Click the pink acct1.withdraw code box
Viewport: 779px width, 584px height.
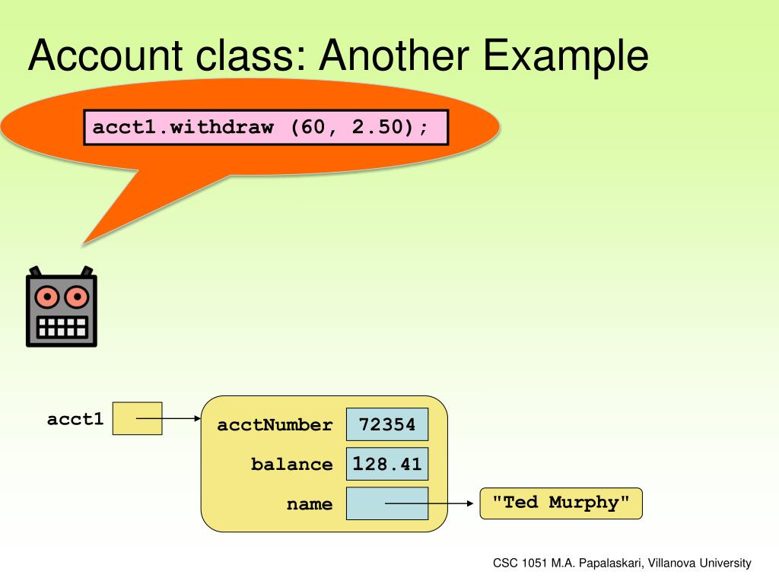pyautogui.click(x=265, y=127)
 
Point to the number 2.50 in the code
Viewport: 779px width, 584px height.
pyautogui.click(x=377, y=127)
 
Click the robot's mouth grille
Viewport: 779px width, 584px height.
pyautogui.click(x=62, y=326)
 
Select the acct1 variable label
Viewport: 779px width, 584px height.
pyautogui.click(x=75, y=419)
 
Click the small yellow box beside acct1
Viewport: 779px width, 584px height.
pyautogui.click(x=137, y=418)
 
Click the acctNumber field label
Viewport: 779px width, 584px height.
pyautogui.click(x=275, y=425)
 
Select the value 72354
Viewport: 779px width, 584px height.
pyautogui.click(x=387, y=424)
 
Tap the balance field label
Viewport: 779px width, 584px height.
pyautogui.click(x=291, y=465)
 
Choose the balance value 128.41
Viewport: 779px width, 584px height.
pyautogui.click(x=387, y=464)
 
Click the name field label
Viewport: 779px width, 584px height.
pyautogui.click(x=310, y=504)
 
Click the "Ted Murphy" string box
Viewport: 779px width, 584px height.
pyautogui.click(x=561, y=503)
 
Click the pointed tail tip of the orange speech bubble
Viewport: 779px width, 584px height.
pyautogui.click(x=84, y=243)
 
